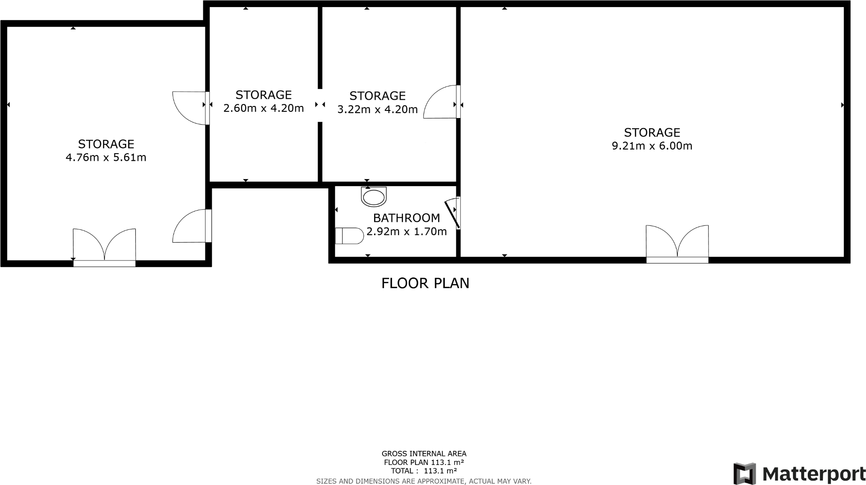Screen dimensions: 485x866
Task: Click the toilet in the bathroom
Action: tap(350, 236)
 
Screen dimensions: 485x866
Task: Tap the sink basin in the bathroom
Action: tap(374, 196)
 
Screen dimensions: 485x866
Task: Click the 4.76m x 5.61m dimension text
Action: tap(106, 157)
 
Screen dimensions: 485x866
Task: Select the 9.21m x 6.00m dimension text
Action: tap(652, 146)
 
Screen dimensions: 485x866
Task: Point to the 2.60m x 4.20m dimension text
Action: tap(263, 108)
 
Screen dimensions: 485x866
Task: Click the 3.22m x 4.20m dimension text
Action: tap(377, 109)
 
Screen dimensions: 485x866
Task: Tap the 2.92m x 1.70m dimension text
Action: tap(407, 231)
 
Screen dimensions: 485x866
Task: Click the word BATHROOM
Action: tap(407, 218)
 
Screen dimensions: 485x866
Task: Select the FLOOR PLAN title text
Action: tap(425, 283)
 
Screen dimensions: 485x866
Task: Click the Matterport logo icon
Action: tap(745, 474)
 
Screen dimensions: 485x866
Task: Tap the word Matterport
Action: tap(814, 474)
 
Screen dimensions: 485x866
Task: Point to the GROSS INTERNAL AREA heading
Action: tap(424, 454)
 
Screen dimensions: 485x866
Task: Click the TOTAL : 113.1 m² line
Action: tap(424, 471)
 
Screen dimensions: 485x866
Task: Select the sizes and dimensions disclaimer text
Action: tap(424, 481)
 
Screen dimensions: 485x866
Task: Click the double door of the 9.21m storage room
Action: tap(677, 245)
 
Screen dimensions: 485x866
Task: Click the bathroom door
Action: tap(453, 212)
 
